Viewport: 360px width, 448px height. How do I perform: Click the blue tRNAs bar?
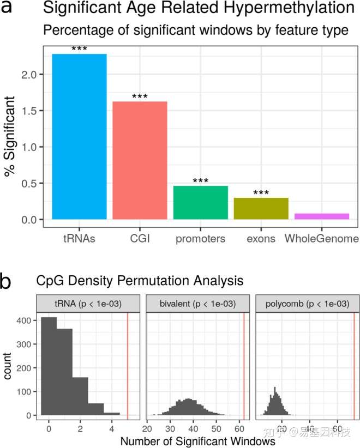pyautogui.click(x=80, y=136)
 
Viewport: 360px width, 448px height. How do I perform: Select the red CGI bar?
pyautogui.click(x=140, y=160)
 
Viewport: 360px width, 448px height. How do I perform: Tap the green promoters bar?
pyautogui.click(x=200, y=203)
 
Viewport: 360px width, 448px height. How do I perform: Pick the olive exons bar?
pyautogui.click(x=261, y=209)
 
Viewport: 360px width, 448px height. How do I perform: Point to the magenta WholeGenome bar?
pyautogui.click(x=321, y=216)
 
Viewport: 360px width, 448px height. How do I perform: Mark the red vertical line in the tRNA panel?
pyautogui.click(x=127, y=365)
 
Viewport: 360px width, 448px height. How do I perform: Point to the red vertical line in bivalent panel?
pyautogui.click(x=244, y=365)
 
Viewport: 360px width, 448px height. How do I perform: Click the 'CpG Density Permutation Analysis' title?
pyautogui.click(x=140, y=281)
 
